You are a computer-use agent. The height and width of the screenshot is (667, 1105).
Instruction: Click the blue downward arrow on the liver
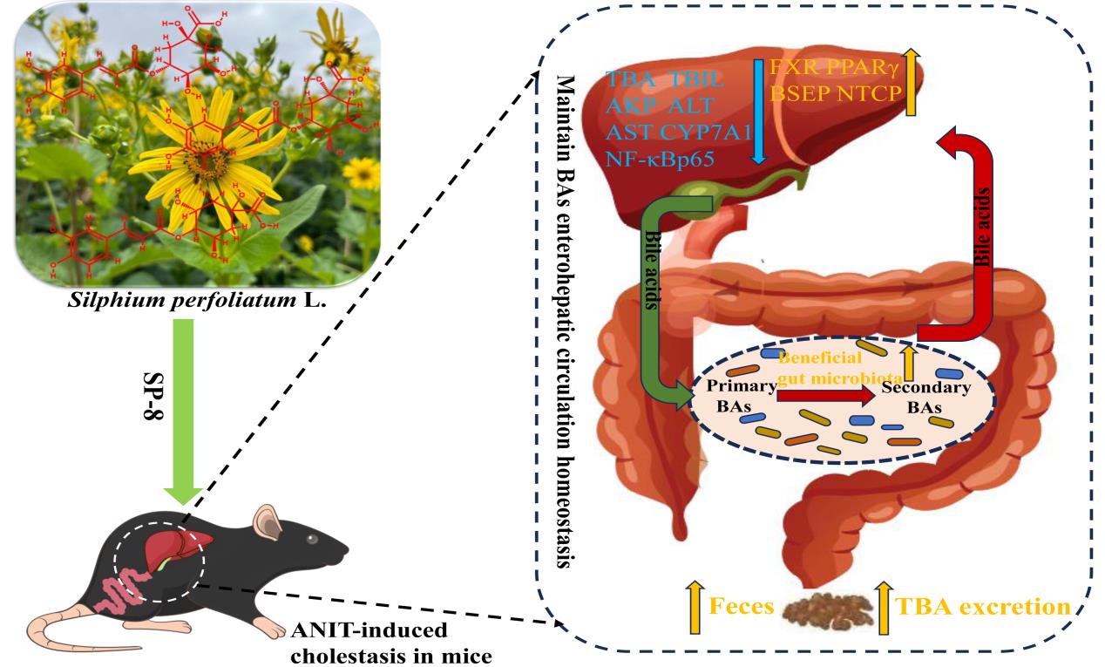tap(758, 113)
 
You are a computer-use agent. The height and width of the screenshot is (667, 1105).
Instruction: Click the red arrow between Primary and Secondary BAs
tap(824, 397)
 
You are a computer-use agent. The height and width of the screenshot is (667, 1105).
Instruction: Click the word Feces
tap(741, 606)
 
